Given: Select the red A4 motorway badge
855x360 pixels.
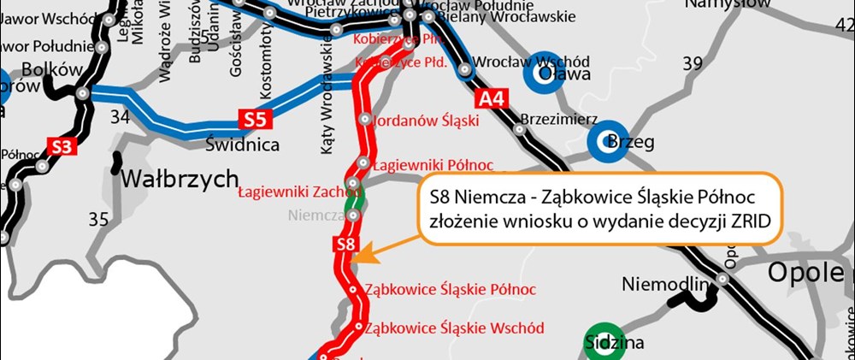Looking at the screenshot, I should tap(492, 98).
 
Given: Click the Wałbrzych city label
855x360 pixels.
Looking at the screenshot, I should tap(180, 179).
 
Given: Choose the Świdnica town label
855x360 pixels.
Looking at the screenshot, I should tap(242, 145).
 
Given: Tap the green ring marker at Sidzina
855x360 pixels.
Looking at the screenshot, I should tap(604, 339).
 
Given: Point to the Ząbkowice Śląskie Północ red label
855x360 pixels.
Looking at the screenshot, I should tap(451, 289).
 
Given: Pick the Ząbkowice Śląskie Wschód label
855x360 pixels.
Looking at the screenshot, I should tap(454, 328).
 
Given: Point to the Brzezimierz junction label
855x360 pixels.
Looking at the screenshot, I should tap(559, 121).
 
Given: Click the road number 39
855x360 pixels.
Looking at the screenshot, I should tap(693, 62).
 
